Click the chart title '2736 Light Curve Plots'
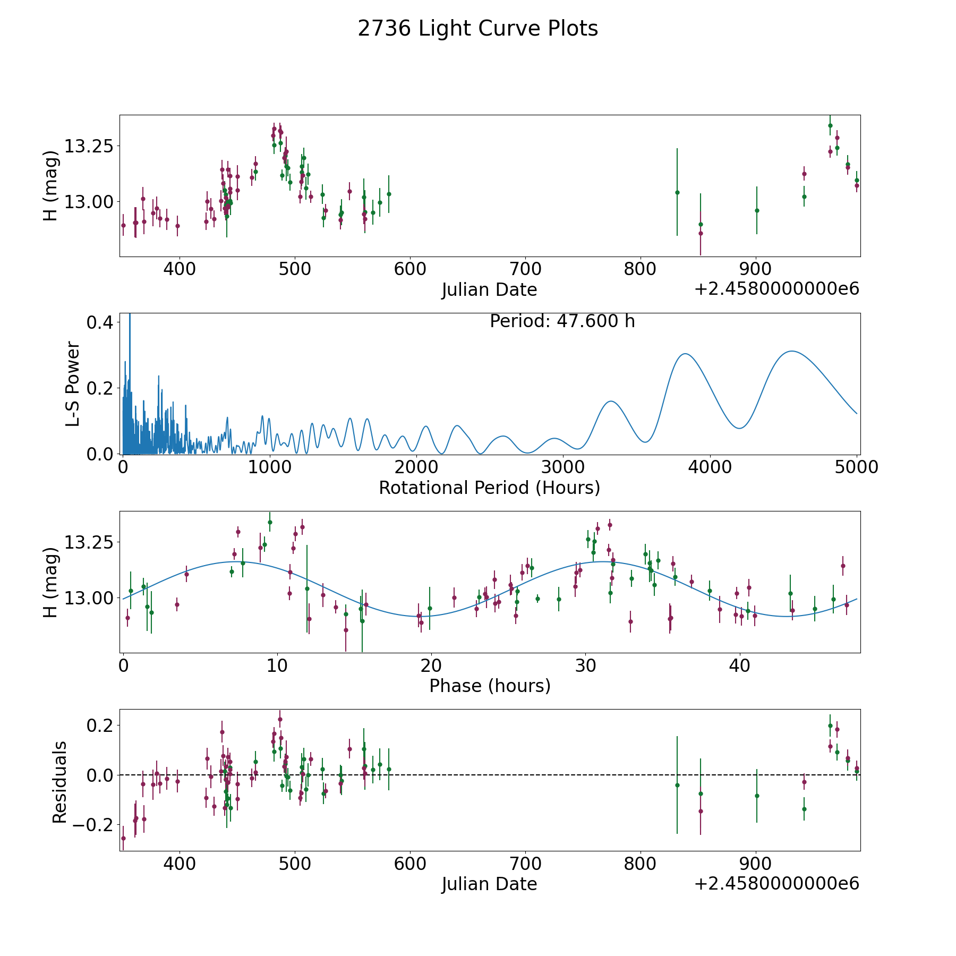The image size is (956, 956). pyautogui.click(x=478, y=29)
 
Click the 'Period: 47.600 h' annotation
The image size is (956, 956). pyautogui.click(x=562, y=321)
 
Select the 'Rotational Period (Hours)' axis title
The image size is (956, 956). pyautogui.click(x=490, y=488)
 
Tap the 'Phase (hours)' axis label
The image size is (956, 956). pyautogui.click(x=490, y=686)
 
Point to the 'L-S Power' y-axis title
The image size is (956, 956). pyautogui.click(x=73, y=383)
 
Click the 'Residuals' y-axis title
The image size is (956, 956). pyautogui.click(x=59, y=782)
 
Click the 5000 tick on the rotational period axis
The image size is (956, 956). pyautogui.click(x=856, y=467)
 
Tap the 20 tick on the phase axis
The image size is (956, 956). pyautogui.click(x=431, y=666)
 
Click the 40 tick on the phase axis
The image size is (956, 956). pyautogui.click(x=739, y=666)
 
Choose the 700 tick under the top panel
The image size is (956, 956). pyautogui.click(x=525, y=270)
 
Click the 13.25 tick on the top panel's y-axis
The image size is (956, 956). pyautogui.click(x=89, y=146)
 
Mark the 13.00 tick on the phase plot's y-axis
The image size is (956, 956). pyautogui.click(x=89, y=598)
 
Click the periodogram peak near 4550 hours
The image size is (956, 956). pyautogui.click(x=792, y=351)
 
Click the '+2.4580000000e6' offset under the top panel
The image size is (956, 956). pyautogui.click(x=776, y=289)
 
